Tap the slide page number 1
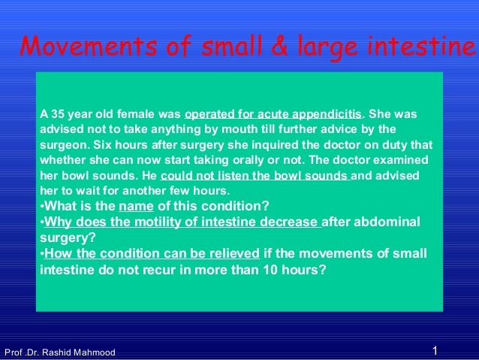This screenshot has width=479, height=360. coord(435,351)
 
